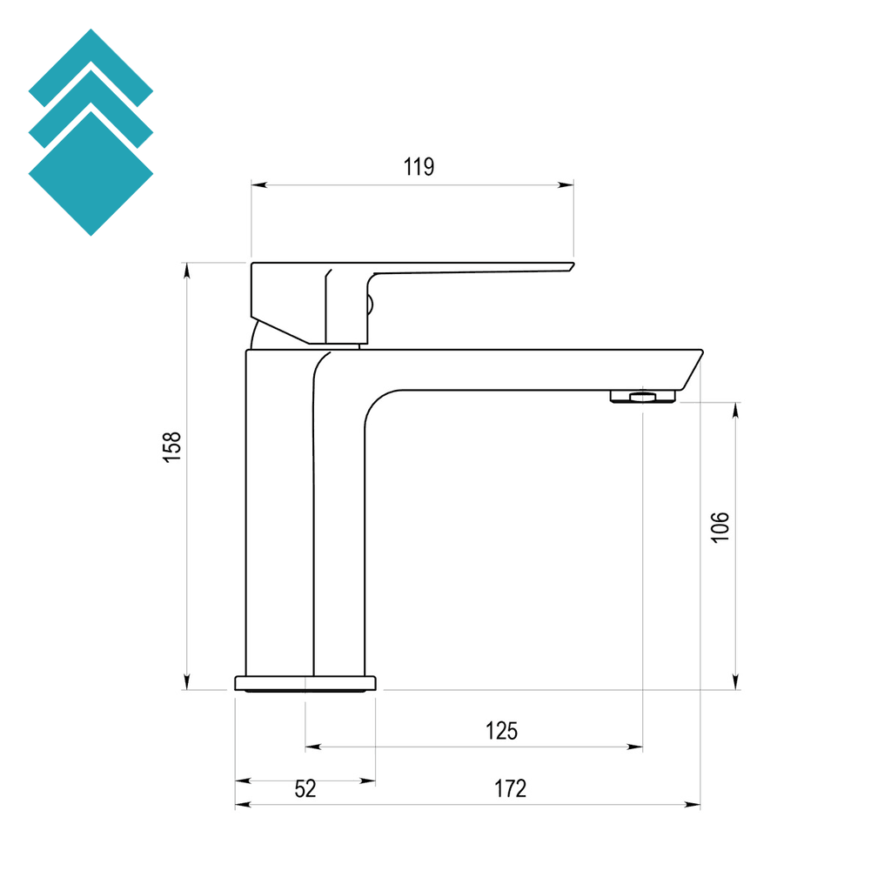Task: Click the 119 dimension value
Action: click(419, 167)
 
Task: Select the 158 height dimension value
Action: click(173, 446)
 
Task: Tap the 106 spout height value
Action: click(720, 527)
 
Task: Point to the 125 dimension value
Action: click(501, 731)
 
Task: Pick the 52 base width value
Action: click(305, 789)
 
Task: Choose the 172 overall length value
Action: click(511, 789)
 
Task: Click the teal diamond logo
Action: click(90, 132)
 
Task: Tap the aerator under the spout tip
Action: click(643, 397)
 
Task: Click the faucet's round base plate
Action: click(306, 683)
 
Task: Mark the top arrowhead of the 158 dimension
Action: click(185, 269)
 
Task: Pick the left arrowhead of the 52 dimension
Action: click(241, 781)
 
